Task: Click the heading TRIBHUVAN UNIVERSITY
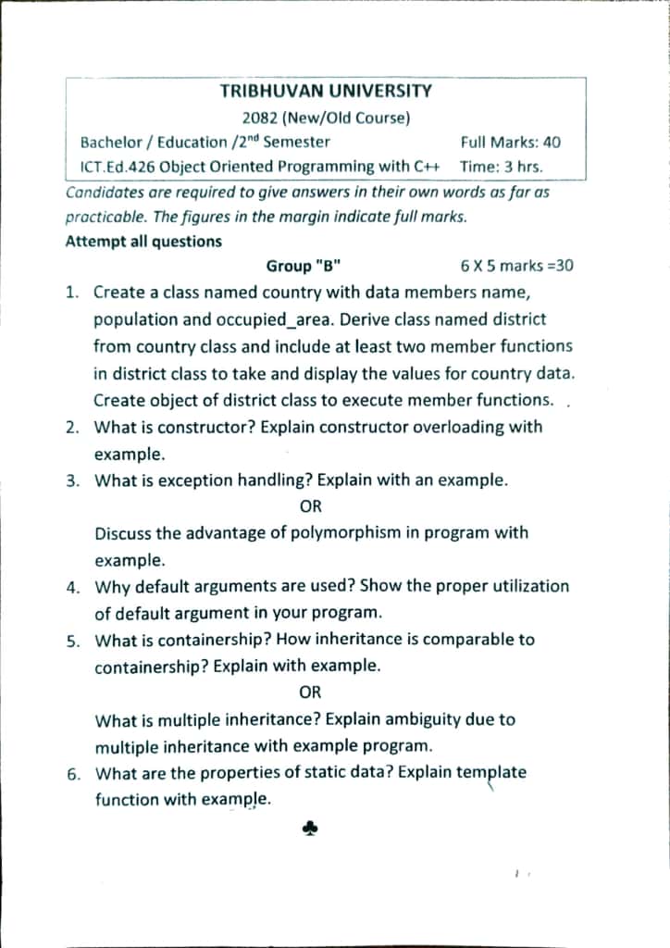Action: [x=326, y=91]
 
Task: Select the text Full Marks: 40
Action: [x=510, y=143]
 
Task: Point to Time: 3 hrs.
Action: [x=501, y=168]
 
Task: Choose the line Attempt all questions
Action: [x=143, y=242]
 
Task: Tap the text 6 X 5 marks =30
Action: [x=516, y=267]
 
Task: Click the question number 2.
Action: [x=72, y=428]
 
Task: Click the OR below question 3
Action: [x=311, y=507]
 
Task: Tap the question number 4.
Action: [x=72, y=587]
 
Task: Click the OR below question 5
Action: [x=311, y=692]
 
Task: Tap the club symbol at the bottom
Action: [x=311, y=831]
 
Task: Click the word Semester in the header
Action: [x=296, y=143]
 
